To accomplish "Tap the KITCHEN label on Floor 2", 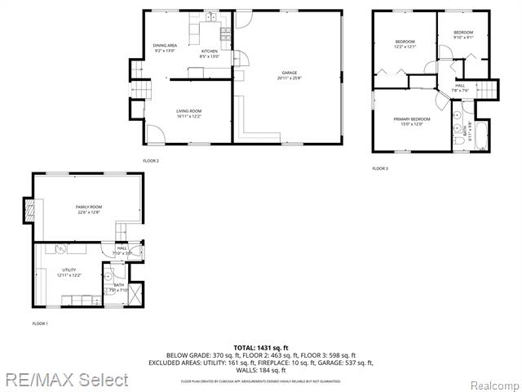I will click(210, 53).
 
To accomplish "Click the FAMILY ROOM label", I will click(88, 209).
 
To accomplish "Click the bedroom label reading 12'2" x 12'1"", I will click(405, 44).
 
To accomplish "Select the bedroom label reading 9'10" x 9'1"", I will click(463, 34).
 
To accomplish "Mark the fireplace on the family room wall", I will click(29, 210).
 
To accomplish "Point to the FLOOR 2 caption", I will click(151, 161).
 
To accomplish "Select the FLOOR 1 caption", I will click(40, 324).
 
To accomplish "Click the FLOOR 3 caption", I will click(380, 168).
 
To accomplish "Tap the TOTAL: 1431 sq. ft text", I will click(261, 348).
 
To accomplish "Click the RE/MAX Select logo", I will click(66, 380).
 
